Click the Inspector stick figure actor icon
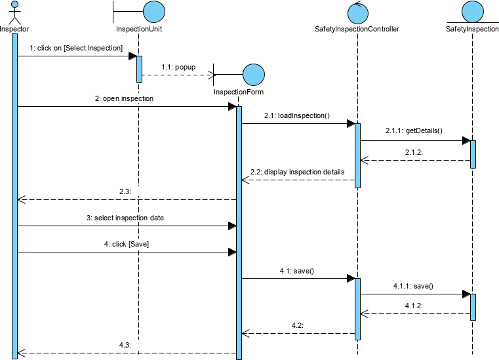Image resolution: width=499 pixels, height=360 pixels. click(x=14, y=12)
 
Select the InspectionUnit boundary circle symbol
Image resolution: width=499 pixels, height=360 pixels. click(x=153, y=12)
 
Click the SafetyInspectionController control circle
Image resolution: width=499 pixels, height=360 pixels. click(x=357, y=12)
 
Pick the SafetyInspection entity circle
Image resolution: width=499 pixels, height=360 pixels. click(x=472, y=11)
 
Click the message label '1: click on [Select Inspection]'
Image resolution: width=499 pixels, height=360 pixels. click(x=76, y=48)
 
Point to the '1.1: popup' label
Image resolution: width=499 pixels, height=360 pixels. click(x=178, y=67)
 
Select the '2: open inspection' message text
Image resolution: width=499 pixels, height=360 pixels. click(x=125, y=98)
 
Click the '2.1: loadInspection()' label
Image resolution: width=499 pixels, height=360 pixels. click(x=296, y=115)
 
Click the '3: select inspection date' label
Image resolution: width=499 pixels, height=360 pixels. click(x=125, y=218)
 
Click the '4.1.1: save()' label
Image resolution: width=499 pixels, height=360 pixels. click(x=413, y=286)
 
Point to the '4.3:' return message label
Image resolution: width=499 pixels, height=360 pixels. click(x=125, y=345)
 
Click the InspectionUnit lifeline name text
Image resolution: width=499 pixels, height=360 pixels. click(x=139, y=29)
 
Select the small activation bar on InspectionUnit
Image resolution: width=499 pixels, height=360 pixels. click(x=139, y=69)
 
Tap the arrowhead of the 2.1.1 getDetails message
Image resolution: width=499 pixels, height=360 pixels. click(x=466, y=140)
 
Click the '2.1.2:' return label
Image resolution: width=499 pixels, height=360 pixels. click(x=414, y=151)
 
